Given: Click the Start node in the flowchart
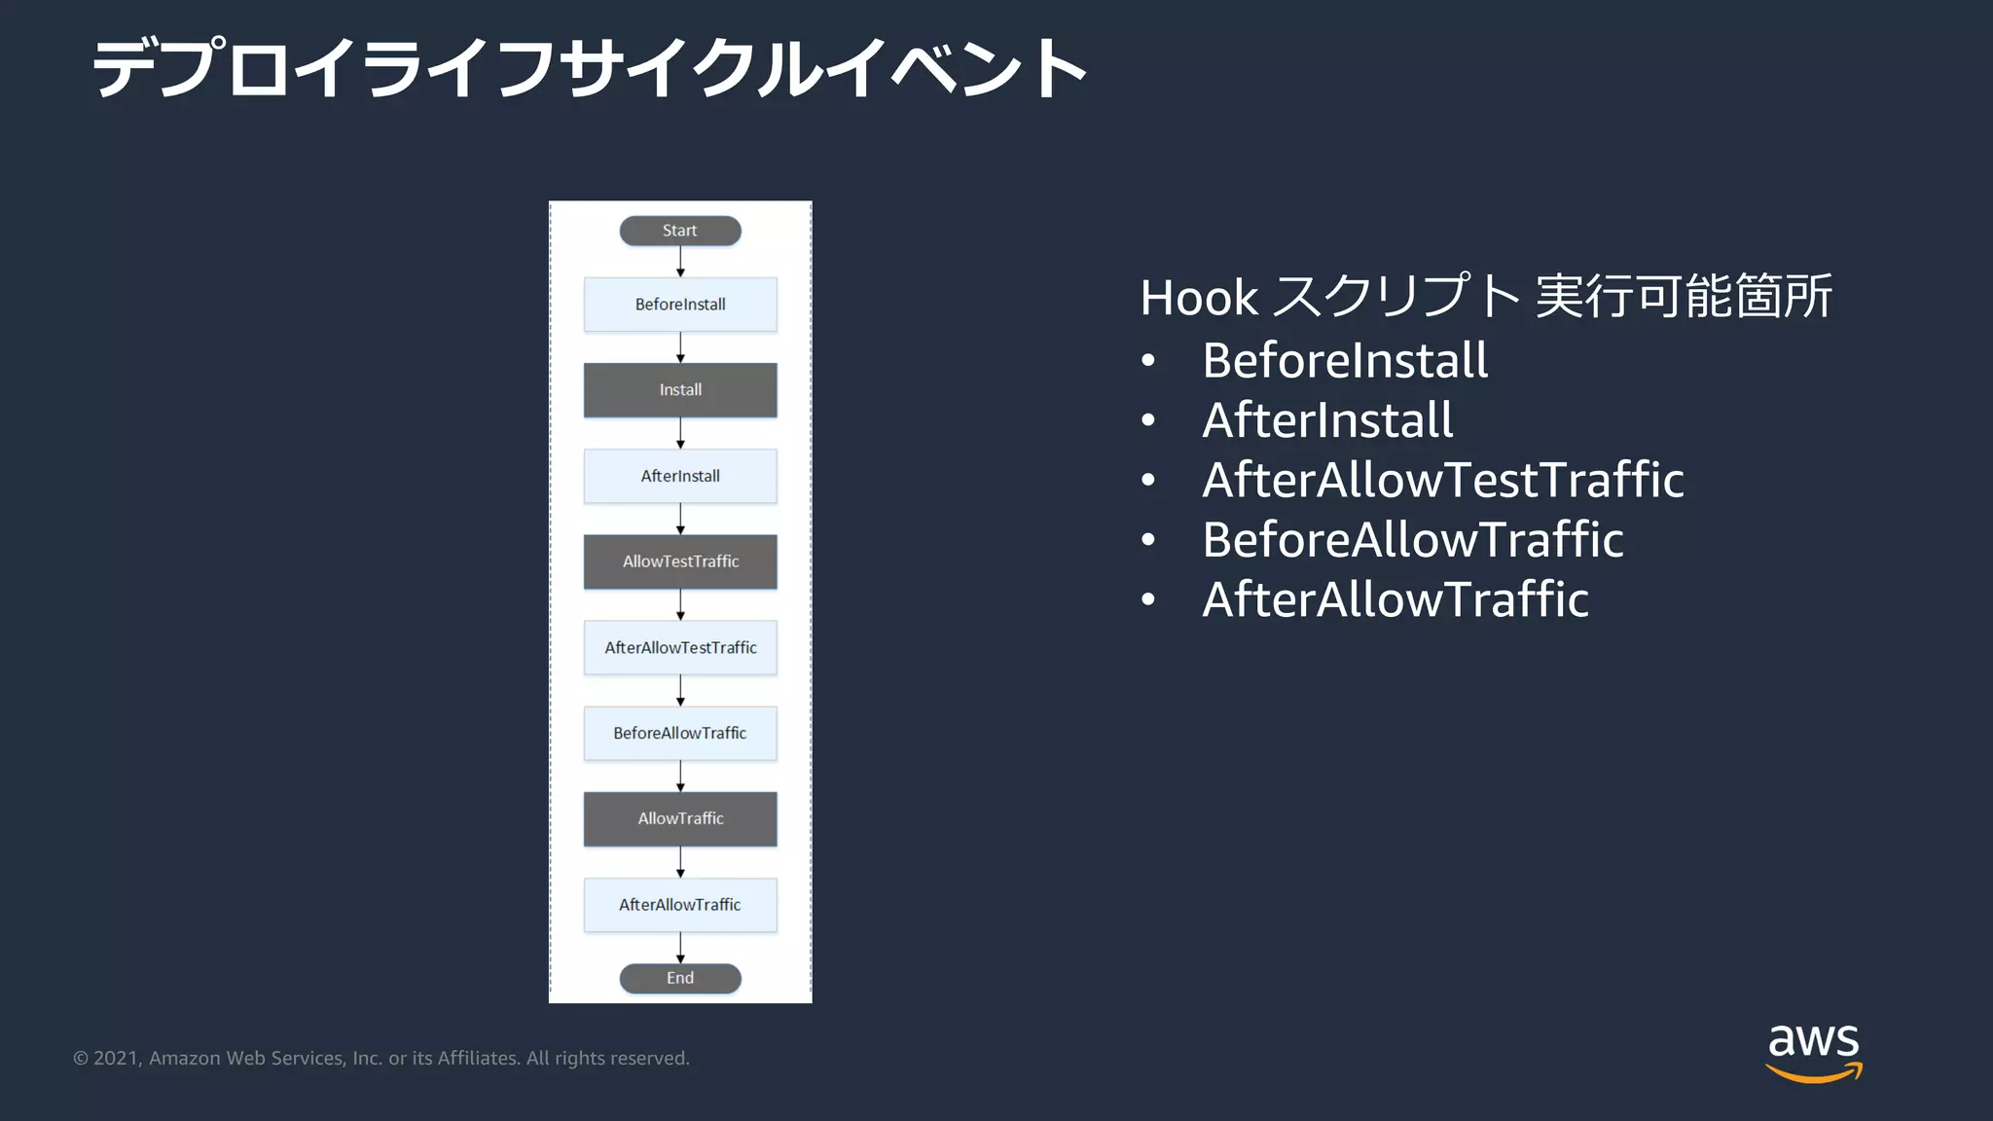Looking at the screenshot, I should [680, 231].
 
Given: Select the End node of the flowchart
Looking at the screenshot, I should [680, 978].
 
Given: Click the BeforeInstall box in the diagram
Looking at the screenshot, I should [680, 305].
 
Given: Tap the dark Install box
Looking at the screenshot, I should [680, 390].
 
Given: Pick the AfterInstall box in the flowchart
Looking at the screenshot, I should [680, 476].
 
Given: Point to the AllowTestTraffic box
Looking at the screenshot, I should [680, 561].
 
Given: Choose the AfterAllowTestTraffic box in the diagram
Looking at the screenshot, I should [680, 647].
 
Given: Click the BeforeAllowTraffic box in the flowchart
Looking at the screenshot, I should [680, 733].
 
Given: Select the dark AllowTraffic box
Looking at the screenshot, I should [680, 818].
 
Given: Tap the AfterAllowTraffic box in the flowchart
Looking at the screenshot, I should [680, 905].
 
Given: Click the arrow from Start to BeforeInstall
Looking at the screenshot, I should [680, 262].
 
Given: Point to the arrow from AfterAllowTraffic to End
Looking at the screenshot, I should [680, 948].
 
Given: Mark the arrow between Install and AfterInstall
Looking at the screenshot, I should [680, 433].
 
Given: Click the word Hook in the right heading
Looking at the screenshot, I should [1199, 298].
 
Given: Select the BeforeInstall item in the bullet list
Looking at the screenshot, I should [1345, 361].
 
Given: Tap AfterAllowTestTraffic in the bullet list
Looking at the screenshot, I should [1442, 481].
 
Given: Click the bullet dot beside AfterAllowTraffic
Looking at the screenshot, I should [1148, 599].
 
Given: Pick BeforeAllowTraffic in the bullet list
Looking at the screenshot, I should [1413, 540].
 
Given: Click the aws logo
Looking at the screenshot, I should [1813, 1052].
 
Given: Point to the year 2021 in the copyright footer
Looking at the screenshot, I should [116, 1059].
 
